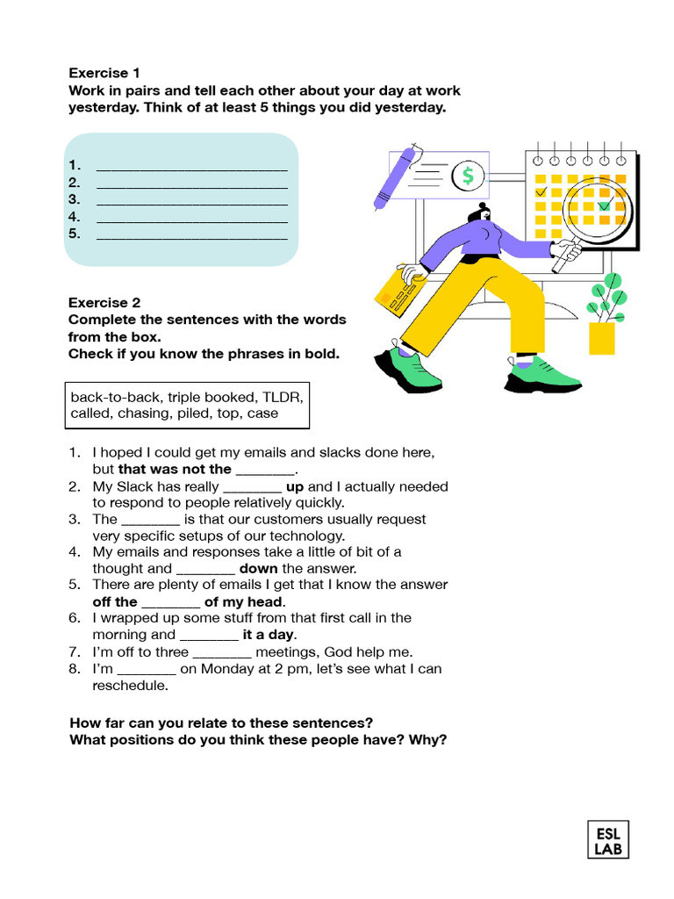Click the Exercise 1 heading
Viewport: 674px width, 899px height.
tap(104, 73)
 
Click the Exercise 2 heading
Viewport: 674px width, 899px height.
tap(104, 302)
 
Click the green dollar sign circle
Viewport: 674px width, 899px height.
tap(468, 176)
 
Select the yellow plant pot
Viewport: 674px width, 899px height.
tap(602, 338)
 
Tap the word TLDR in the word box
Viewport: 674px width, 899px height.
tap(282, 397)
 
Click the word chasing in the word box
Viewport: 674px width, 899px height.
tap(142, 414)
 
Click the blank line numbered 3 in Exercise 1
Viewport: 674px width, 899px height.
tap(191, 199)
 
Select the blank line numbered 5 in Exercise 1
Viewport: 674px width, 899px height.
tap(191, 234)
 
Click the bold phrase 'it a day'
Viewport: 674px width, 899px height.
tap(269, 635)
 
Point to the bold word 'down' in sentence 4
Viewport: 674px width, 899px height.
tap(258, 568)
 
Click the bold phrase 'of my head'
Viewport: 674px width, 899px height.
tap(243, 601)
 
